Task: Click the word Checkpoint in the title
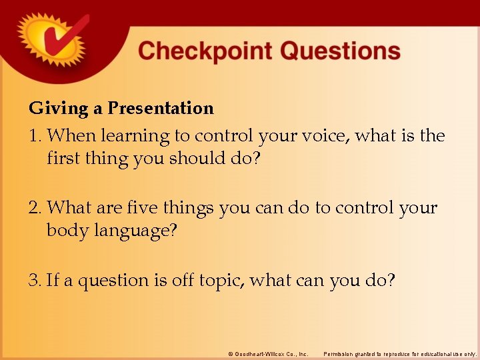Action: (203, 51)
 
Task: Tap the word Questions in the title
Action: (340, 51)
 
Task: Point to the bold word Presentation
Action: (161, 109)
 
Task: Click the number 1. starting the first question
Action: (36, 137)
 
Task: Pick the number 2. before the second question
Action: (36, 208)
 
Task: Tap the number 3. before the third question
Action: (36, 281)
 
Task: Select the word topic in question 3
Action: (223, 281)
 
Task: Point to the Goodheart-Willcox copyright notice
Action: (267, 353)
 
